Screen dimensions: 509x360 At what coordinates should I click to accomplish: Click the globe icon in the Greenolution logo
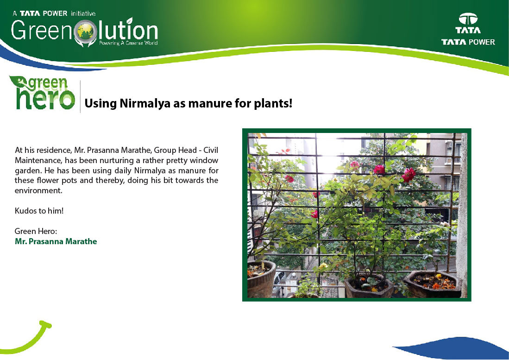click(85, 32)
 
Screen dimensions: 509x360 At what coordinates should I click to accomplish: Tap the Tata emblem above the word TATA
click(468, 19)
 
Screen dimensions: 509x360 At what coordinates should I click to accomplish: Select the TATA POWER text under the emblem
click(468, 42)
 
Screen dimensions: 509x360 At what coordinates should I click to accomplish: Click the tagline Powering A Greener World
click(128, 43)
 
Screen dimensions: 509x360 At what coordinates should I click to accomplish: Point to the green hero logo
click(42, 93)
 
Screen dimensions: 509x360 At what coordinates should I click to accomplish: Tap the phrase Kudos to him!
click(39, 211)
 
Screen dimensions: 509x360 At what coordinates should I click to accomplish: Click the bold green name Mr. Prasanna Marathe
click(56, 241)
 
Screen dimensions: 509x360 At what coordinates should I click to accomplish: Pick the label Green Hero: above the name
click(36, 231)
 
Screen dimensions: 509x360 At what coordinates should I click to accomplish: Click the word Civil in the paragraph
click(211, 150)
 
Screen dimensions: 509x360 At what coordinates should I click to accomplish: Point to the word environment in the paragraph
click(38, 190)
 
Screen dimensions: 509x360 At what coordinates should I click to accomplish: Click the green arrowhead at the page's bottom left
click(45, 325)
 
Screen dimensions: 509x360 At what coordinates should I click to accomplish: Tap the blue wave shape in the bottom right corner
click(454, 348)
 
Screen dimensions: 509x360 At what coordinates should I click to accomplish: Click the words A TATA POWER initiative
click(54, 13)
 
